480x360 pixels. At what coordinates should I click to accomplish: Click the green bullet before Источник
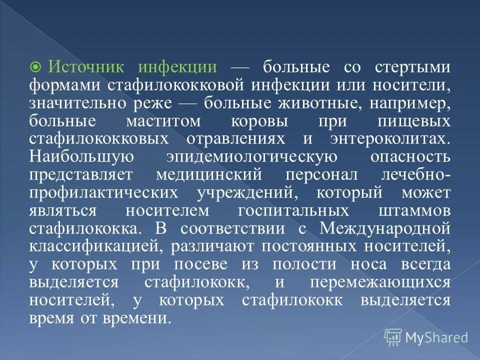[36, 67]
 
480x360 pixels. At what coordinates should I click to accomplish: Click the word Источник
[90, 67]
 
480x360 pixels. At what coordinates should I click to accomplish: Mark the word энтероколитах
[388, 139]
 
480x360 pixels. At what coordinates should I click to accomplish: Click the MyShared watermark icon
[393, 337]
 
